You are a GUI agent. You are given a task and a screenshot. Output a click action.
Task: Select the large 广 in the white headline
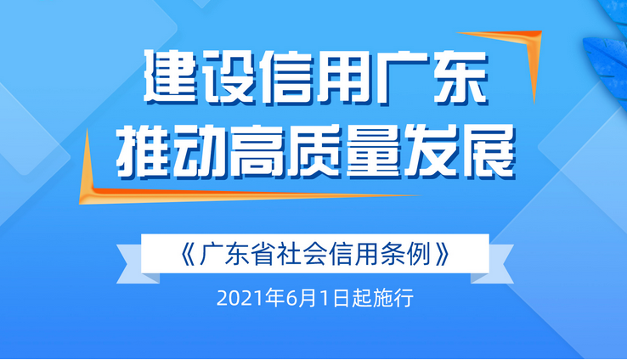coord(402,76)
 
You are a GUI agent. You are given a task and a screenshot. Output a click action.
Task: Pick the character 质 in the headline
coord(314,151)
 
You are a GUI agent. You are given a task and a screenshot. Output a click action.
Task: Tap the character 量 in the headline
coord(372,151)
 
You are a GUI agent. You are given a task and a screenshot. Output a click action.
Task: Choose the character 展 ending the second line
coord(486,151)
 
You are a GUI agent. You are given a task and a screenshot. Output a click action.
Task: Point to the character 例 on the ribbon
coord(419,253)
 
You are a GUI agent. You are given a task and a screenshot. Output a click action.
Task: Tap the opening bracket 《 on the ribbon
coord(188,253)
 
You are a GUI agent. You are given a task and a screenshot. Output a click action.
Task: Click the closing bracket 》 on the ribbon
coord(443,253)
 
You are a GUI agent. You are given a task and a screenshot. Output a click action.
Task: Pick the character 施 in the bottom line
coord(382,299)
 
